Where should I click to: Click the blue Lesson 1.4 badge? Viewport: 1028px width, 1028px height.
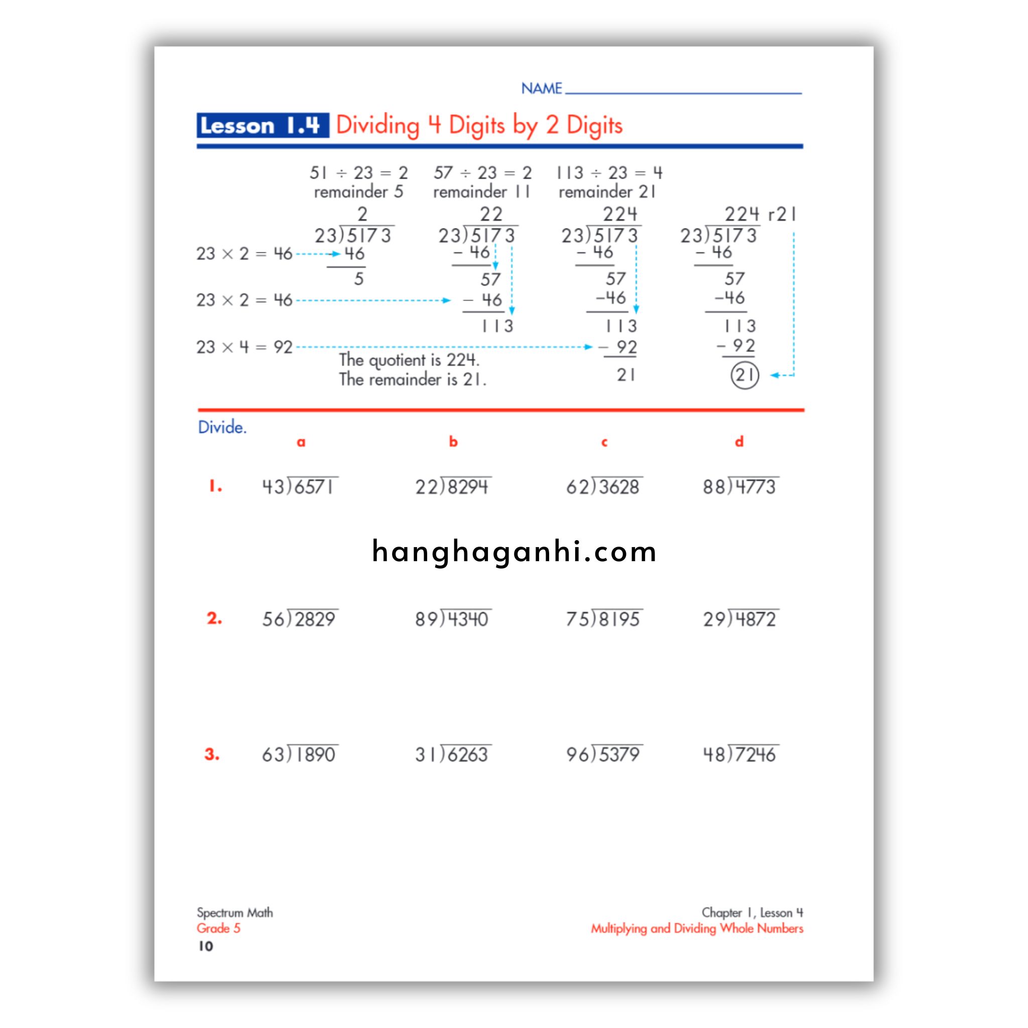pyautogui.click(x=262, y=125)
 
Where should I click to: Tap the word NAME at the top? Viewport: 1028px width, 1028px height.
pyautogui.click(x=541, y=88)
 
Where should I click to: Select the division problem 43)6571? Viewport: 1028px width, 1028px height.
pyautogui.click(x=300, y=486)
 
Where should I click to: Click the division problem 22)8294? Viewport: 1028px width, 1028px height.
pyautogui.click(x=452, y=486)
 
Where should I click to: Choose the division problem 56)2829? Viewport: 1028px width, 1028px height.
pyautogui.click(x=300, y=618)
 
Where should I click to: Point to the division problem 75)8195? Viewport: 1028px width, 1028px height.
pyautogui.click(x=603, y=618)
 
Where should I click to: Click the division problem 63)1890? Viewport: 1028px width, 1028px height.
pyautogui.click(x=300, y=754)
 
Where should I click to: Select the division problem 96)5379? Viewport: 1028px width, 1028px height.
pyautogui.click(x=603, y=754)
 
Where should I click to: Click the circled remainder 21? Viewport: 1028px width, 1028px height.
pyautogui.click(x=744, y=375)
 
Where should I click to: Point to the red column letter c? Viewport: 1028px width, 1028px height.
pyautogui.click(x=604, y=442)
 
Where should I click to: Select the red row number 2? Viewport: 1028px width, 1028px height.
pyautogui.click(x=214, y=618)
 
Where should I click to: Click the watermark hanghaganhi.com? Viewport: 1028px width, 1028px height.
pyautogui.click(x=514, y=552)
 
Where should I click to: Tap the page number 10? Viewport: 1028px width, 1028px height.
pyautogui.click(x=205, y=946)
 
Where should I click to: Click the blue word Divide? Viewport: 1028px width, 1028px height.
pyautogui.click(x=222, y=427)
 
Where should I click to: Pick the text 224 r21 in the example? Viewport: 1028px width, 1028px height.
pyautogui.click(x=760, y=214)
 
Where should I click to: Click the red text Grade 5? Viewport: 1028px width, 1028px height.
pyautogui.click(x=218, y=929)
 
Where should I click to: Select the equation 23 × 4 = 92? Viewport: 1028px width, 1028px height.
pyautogui.click(x=244, y=347)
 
